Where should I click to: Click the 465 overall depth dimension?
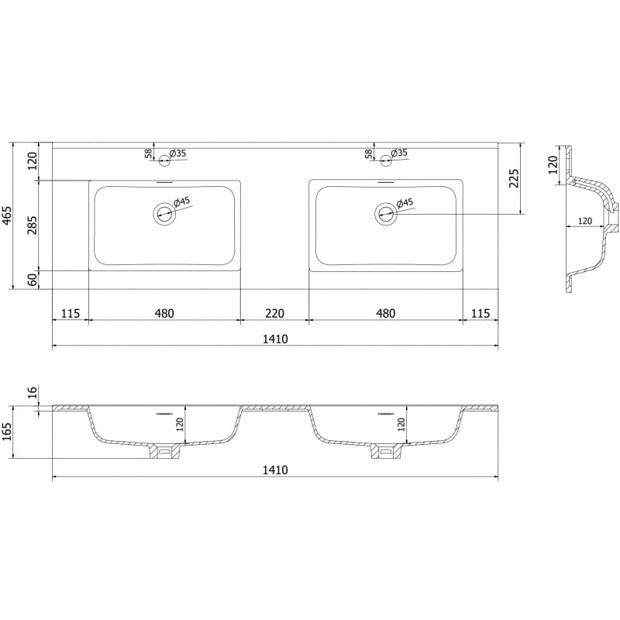tap(8, 215)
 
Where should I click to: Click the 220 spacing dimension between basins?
tap(274, 314)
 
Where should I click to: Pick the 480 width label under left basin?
tap(164, 314)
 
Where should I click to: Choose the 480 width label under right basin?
tap(385, 314)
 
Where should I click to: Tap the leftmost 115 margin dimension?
tap(70, 314)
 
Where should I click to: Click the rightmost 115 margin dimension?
tap(480, 314)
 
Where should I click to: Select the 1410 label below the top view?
tap(274, 339)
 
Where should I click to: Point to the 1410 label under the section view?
tap(274, 470)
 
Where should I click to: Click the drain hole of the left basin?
tap(164, 213)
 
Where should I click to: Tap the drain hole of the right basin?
tap(385, 213)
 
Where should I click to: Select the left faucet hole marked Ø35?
tap(164, 161)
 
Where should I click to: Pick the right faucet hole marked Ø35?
tap(385, 161)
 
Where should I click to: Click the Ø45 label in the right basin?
tap(405, 203)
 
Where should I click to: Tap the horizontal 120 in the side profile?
tap(585, 222)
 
